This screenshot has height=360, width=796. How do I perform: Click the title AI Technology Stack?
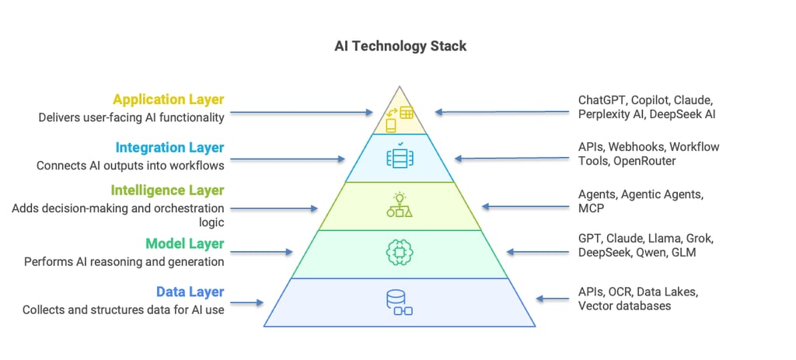coord(400,46)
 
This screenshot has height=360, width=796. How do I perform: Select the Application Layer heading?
coord(169,100)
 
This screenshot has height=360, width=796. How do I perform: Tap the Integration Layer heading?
coord(169,147)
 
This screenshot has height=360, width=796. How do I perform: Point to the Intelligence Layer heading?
coord(167,190)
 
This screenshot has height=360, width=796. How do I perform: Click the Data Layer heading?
coord(190,292)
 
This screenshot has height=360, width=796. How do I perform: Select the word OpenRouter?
coord(645,161)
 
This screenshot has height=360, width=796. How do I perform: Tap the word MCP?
coord(592,209)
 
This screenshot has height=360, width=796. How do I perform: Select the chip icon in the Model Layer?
coord(399,252)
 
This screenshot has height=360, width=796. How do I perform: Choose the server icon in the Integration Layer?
coord(400,156)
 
